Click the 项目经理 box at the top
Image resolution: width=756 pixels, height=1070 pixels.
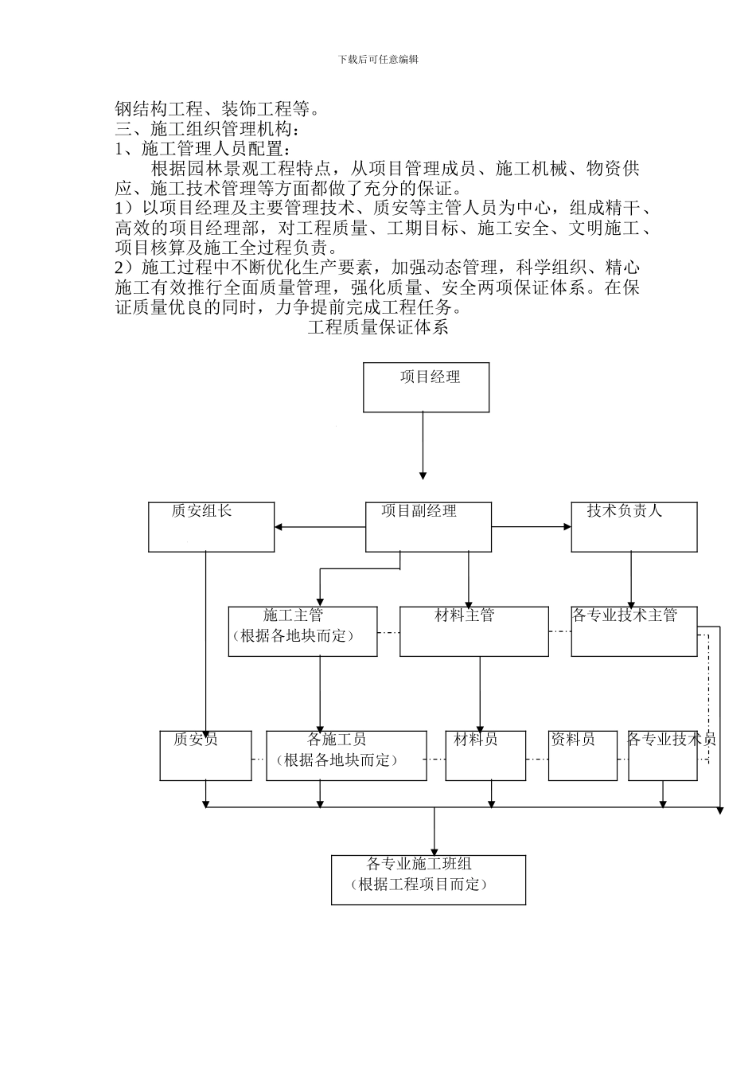[x=426, y=388]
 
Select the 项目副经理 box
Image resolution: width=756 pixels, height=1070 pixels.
[x=428, y=526]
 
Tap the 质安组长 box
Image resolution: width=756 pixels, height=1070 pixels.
[x=211, y=526]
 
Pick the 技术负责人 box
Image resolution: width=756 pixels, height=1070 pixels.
[x=633, y=526]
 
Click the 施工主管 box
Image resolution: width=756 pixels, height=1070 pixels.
[x=302, y=631]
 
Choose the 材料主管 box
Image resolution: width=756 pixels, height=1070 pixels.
[x=473, y=631]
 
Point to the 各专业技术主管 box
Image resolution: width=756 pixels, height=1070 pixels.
[x=633, y=631]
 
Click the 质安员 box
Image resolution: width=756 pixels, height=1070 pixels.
[x=205, y=756]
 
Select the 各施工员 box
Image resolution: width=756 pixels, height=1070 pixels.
[x=345, y=756]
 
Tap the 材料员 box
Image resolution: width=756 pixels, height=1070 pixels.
[x=485, y=756]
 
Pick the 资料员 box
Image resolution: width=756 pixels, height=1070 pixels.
[x=583, y=756]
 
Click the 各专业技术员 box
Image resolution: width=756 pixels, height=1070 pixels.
[x=662, y=756]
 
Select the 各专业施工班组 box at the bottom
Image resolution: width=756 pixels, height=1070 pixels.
[x=428, y=880]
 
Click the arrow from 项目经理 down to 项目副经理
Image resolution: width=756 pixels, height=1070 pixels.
[x=423, y=446]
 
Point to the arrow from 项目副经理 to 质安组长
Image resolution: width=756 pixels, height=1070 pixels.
[x=318, y=526]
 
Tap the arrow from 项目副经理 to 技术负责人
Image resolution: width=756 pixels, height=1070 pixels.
[x=531, y=526]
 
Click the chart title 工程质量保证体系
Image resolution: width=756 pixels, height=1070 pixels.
[x=378, y=327]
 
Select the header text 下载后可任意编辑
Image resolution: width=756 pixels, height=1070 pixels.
[x=378, y=59]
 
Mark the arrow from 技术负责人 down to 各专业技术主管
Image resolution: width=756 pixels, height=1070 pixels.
[x=632, y=579]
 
